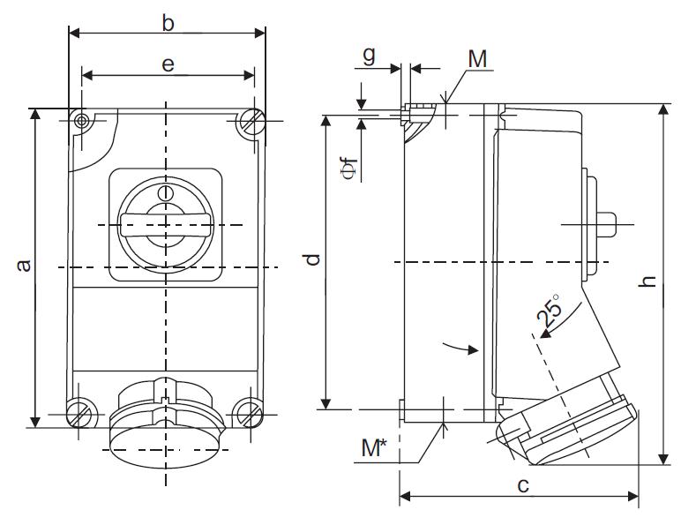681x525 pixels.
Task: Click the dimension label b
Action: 168,23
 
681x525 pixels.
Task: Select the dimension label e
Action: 168,64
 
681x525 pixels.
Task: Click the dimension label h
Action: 648,281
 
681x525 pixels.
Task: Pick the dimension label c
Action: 523,485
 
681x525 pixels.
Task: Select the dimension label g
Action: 370,55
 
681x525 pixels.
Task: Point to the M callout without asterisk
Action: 477,59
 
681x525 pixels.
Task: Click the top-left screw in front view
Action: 82,121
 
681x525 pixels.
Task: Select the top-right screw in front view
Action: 251,121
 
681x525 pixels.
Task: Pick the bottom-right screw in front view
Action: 248,410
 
